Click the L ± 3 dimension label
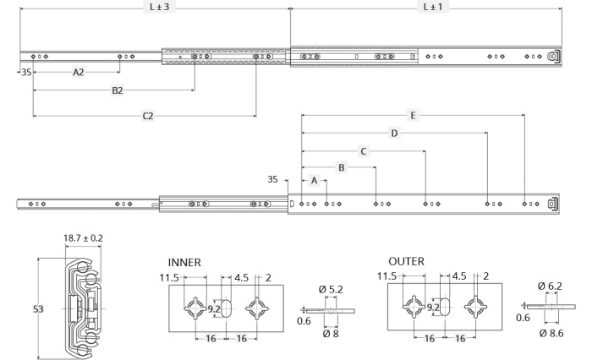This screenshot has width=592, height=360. [159, 7]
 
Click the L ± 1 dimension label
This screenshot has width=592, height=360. [433, 7]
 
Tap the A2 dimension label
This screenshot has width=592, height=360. [78, 72]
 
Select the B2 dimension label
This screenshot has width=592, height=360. [118, 90]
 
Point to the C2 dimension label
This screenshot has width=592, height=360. [148, 116]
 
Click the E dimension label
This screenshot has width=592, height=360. [413, 116]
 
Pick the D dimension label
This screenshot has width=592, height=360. [394, 134]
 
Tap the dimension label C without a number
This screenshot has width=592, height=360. [363, 151]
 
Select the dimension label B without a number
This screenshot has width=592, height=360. [342, 167]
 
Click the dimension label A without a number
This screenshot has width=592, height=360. [314, 180]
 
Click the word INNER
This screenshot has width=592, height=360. [184, 262]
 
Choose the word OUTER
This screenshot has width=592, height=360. [406, 261]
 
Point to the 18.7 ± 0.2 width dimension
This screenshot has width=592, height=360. [83, 238]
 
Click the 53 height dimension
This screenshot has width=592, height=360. [38, 309]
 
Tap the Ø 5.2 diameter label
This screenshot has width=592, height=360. [331, 289]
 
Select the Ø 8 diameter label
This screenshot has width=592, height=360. [331, 334]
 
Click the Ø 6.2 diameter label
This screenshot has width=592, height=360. [550, 286]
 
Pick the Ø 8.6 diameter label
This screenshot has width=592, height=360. [551, 333]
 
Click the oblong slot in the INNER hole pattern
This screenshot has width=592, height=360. [226, 308]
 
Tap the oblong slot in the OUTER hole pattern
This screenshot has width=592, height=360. [445, 307]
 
